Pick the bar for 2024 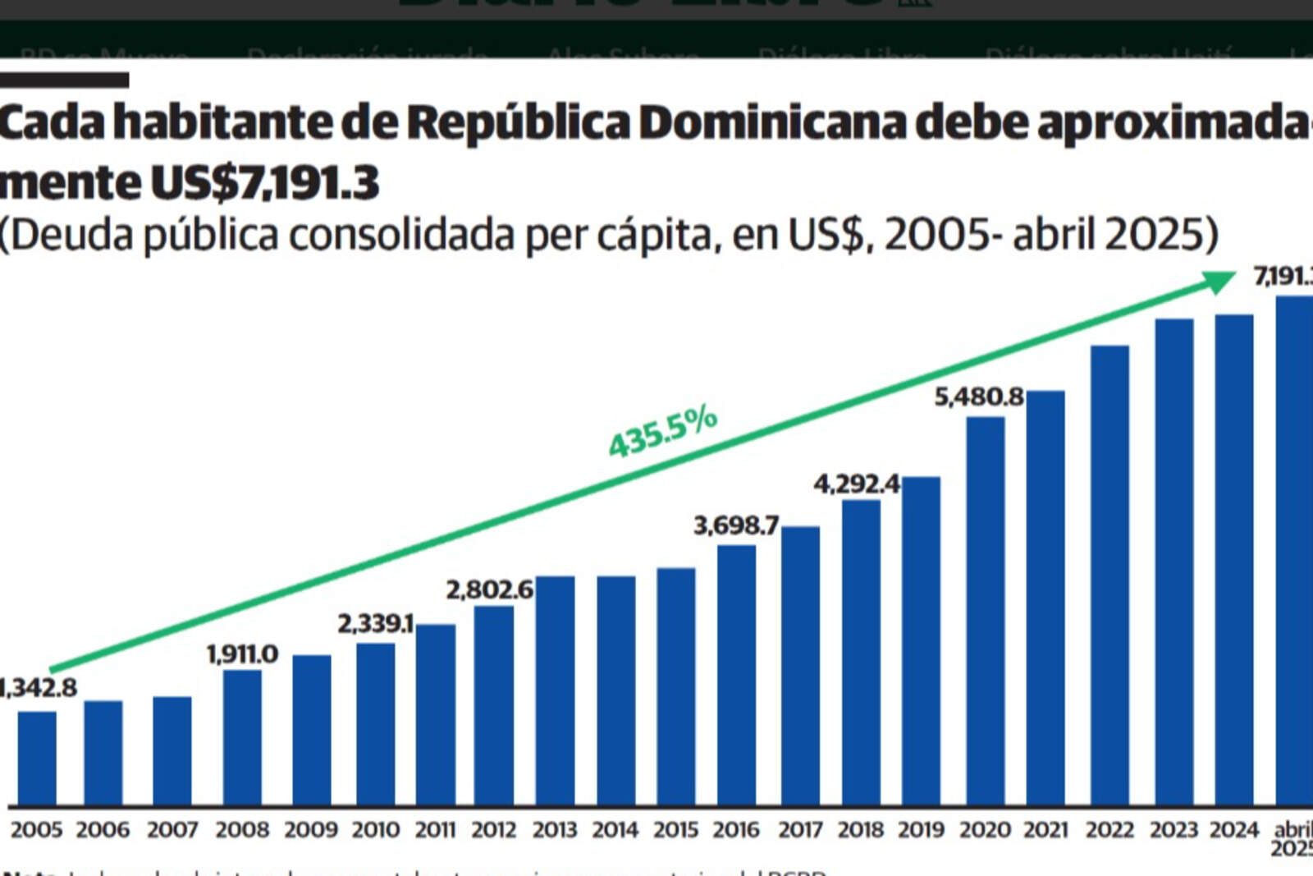[x=1234, y=558]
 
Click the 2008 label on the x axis [x=243, y=830]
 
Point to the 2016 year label [x=736, y=830]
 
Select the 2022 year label [x=1109, y=830]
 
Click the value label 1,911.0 [x=242, y=654]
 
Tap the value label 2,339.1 [x=375, y=624]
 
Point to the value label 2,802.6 [x=489, y=590]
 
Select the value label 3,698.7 [x=736, y=525]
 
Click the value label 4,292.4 [x=857, y=484]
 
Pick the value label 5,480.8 [x=979, y=397]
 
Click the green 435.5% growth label [x=662, y=432]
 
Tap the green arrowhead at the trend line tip [x=1219, y=281]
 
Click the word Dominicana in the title [x=771, y=123]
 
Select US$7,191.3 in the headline [x=264, y=182]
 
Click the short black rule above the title [x=64, y=80]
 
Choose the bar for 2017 [x=800, y=665]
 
